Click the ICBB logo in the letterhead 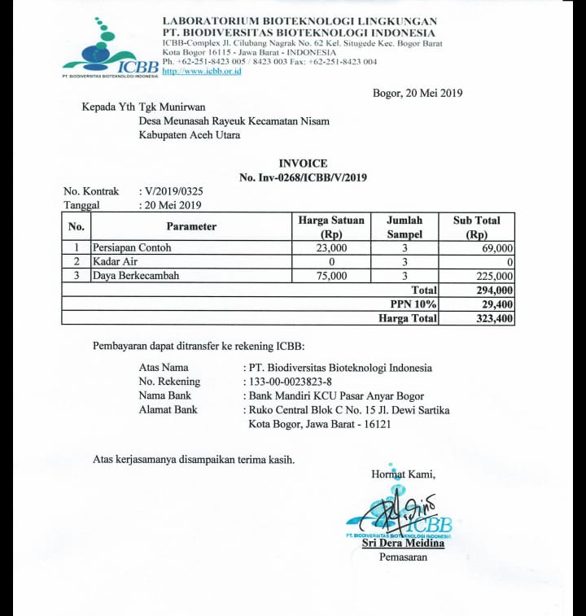pyautogui.click(x=109, y=49)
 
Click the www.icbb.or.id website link pyautogui.click(x=202, y=72)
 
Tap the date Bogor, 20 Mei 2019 pyautogui.click(x=417, y=93)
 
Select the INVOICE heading pyautogui.click(x=303, y=164)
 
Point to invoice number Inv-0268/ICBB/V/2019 pyautogui.click(x=303, y=177)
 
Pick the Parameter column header pyautogui.click(x=191, y=226)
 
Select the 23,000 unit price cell pyautogui.click(x=331, y=247)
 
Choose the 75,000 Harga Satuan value pyautogui.click(x=331, y=276)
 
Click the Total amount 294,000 pyautogui.click(x=494, y=290)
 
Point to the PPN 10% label pyautogui.click(x=413, y=304)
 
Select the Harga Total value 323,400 pyautogui.click(x=494, y=318)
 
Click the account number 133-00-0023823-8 pyautogui.click(x=291, y=382)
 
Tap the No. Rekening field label pyautogui.click(x=169, y=382)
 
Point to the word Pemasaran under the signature pyautogui.click(x=403, y=557)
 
